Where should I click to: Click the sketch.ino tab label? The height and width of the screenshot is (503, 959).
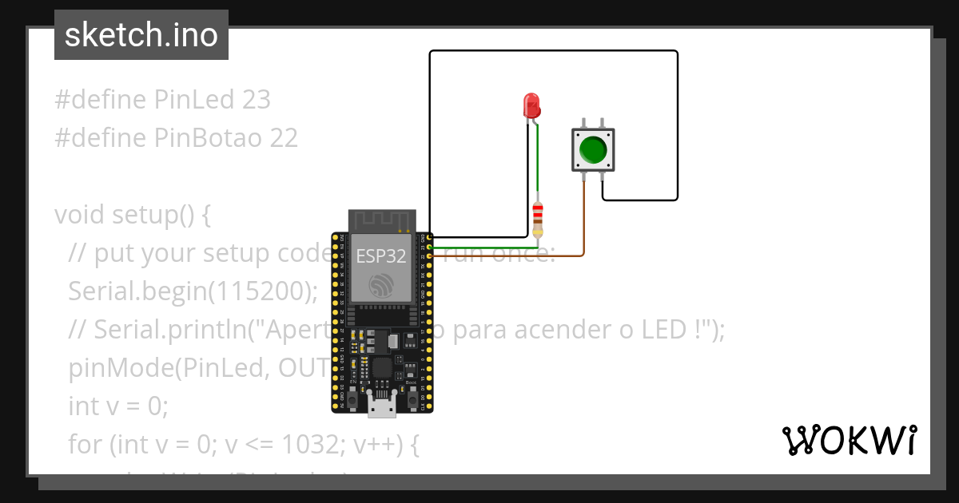141,35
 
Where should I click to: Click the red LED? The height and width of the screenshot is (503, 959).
531,105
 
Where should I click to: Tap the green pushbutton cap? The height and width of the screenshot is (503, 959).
593,149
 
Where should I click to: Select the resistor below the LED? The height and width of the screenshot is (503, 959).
538,218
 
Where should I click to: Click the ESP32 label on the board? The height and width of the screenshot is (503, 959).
381,257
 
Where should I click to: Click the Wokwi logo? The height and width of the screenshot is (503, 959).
850,440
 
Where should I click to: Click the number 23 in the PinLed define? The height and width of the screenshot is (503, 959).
256,100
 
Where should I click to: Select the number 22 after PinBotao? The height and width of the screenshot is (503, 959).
284,138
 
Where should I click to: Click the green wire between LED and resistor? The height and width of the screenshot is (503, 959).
537,160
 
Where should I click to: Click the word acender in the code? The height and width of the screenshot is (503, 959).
568,330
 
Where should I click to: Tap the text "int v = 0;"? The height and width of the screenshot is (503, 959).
118,406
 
